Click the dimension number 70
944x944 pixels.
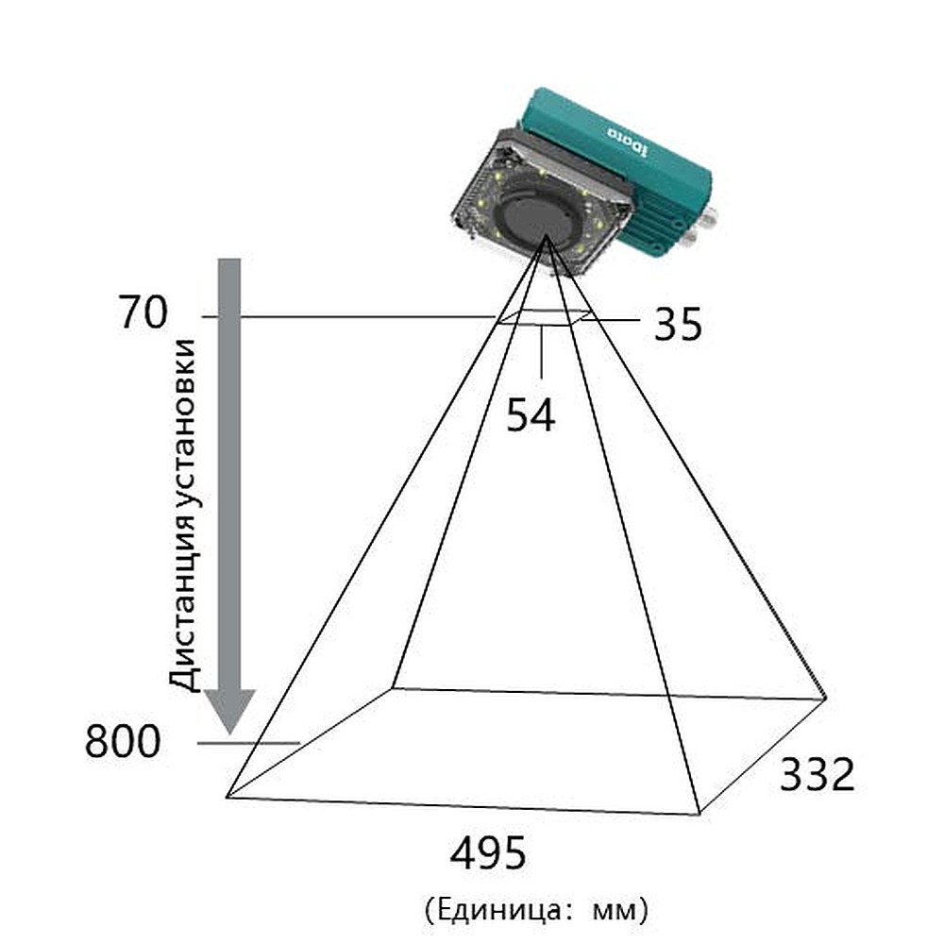[x=143, y=312]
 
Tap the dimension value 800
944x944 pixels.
[x=122, y=741]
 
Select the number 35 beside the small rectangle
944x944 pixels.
[x=678, y=325]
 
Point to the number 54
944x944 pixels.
[x=530, y=414]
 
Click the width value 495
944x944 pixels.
[x=488, y=852]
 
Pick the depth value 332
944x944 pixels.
[x=817, y=774]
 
